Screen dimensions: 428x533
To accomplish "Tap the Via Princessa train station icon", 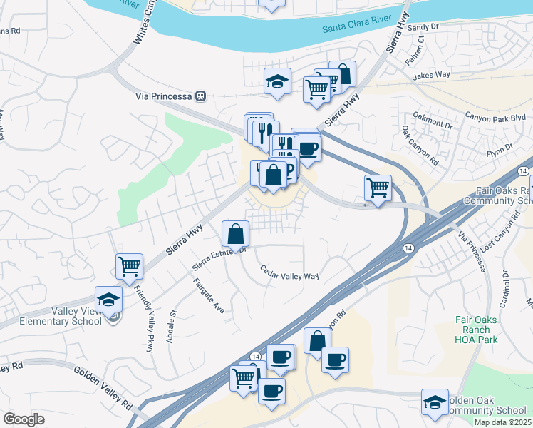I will [202, 96].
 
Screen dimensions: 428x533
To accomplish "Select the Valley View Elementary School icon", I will [108, 300].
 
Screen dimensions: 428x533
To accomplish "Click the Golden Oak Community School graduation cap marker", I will [435, 402].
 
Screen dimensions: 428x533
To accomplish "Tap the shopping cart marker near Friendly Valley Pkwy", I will [129, 267].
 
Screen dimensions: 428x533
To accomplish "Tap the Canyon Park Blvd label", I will [495, 116].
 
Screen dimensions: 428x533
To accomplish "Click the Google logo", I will [24, 419].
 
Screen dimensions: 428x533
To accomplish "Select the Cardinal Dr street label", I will [507, 282].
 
